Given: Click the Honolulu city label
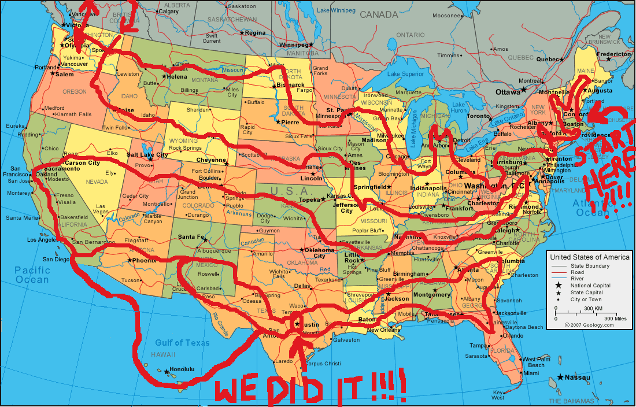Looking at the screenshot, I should tap(182, 369).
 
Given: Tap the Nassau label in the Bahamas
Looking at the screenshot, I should tap(578, 378).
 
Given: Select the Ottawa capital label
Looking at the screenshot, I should tap(508, 91).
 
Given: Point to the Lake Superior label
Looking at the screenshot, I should tap(405, 74).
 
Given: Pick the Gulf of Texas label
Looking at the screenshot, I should tap(182, 342).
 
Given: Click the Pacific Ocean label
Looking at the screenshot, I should tap(32, 275).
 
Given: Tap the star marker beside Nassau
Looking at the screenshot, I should tap(560, 378).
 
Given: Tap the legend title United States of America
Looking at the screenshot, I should tap(590, 257).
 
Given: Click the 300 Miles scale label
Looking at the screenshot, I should tap(616, 319).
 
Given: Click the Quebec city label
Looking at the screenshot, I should tap(549, 59).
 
